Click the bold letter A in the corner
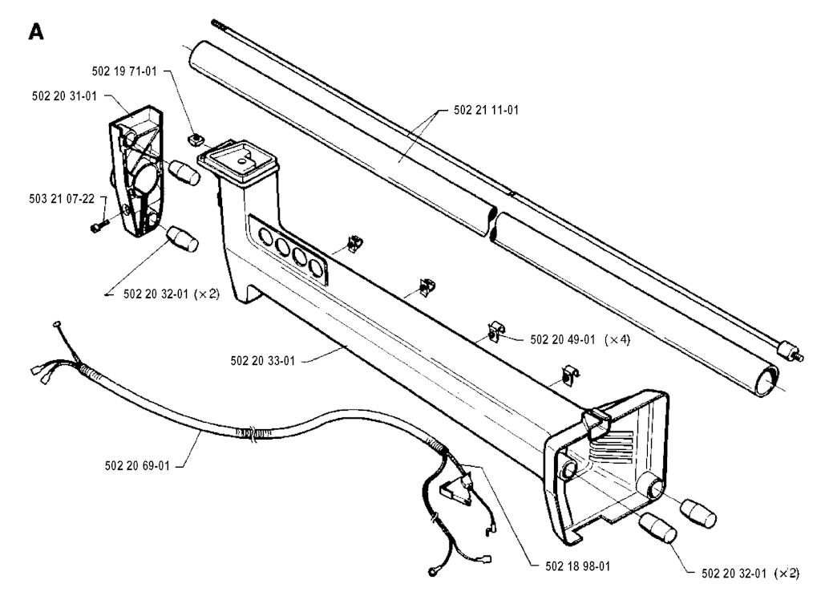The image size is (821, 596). (36, 32)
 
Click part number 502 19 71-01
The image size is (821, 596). (124, 71)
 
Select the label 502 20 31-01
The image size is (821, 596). (64, 95)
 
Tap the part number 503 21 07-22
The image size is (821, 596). (62, 198)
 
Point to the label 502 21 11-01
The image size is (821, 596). (487, 110)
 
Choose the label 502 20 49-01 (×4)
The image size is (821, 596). (580, 339)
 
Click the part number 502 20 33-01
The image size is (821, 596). (262, 360)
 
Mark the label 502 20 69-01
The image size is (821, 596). (137, 465)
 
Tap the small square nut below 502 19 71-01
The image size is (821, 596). (196, 140)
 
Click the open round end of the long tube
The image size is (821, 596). (766, 380)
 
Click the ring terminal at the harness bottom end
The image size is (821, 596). (432, 570)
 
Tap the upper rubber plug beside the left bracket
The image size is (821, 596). (184, 172)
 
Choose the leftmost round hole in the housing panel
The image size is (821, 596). (266, 237)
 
